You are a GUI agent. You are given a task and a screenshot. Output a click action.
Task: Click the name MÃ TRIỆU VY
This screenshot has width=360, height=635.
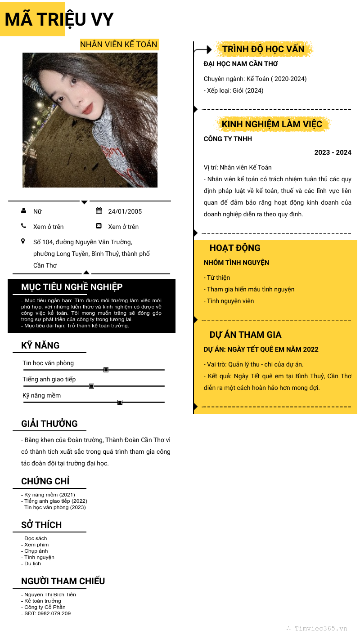59,20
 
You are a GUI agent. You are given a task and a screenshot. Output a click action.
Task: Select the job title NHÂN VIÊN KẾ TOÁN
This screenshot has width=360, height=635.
119,44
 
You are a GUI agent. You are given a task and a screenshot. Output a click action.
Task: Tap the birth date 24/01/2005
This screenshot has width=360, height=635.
125,211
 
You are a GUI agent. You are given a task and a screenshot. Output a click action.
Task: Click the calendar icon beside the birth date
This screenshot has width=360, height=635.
99,211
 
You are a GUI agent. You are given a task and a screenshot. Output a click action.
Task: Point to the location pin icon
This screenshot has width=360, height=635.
23,241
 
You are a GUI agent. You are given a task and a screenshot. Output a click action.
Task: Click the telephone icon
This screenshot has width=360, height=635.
23,226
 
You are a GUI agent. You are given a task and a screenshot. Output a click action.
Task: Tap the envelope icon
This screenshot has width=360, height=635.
99,226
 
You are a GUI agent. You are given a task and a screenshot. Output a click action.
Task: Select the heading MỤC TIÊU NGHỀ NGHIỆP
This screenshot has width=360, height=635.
72,287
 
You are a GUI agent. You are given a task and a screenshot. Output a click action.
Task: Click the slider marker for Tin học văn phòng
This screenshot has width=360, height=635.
106,370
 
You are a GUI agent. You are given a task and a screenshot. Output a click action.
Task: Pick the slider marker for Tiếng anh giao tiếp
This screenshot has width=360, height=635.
92,386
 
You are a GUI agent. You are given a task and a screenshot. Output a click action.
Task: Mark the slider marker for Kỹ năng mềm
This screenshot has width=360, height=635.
120,402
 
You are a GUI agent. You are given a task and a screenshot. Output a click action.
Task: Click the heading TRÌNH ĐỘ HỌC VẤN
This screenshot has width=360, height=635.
263,49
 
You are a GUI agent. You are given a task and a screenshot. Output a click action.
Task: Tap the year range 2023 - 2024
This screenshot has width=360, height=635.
333,152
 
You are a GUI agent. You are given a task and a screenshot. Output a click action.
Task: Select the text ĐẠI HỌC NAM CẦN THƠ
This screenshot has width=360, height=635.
241,64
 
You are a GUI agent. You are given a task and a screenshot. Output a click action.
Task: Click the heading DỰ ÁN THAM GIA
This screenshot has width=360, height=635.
245,335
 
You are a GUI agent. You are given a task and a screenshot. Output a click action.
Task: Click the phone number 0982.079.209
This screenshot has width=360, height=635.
54,613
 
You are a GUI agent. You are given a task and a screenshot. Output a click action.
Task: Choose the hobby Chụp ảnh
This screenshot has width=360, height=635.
36,551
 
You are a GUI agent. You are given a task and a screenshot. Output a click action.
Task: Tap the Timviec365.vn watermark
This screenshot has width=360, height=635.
320,629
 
